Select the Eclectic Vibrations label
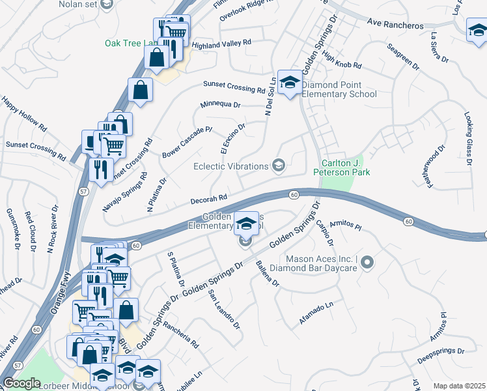(231, 166)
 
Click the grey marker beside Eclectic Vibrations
(279, 166)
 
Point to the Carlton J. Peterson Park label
(341, 167)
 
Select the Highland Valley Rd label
(221, 44)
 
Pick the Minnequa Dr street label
(220, 104)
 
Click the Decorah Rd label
(208, 198)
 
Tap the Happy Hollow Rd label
(25, 113)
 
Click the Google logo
(21, 383)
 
